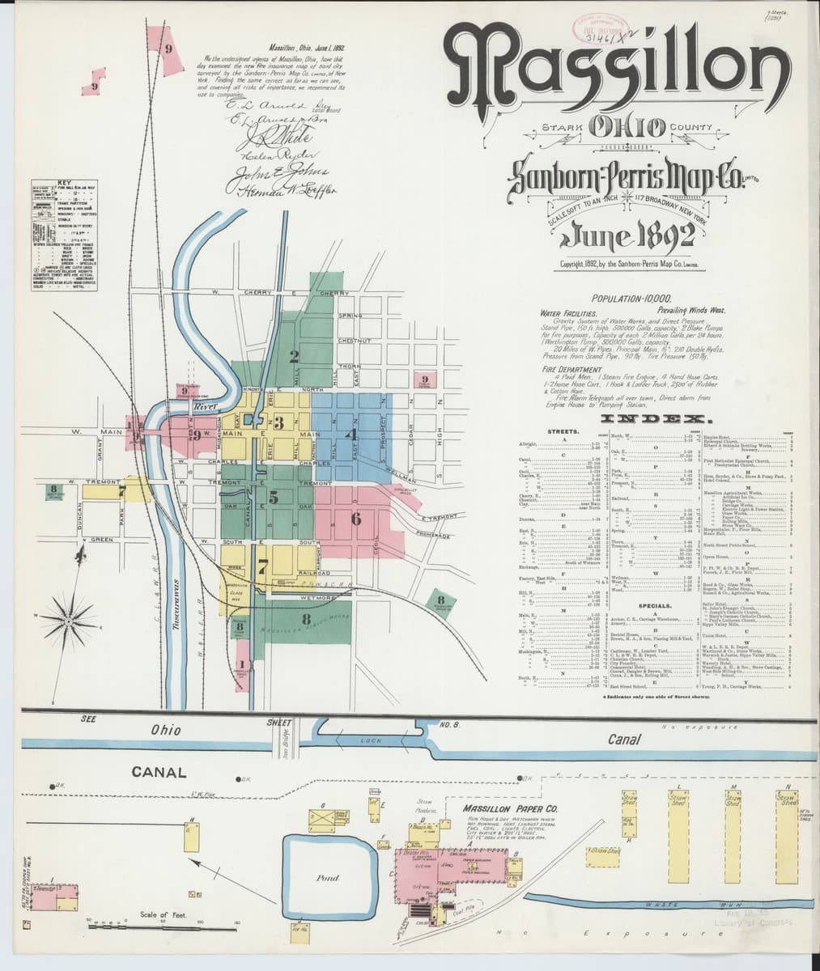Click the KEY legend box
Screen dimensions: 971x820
[66, 235]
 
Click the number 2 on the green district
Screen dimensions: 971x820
[295, 356]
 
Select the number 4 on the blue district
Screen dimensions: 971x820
[352, 433]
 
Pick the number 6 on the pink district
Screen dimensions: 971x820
[356, 518]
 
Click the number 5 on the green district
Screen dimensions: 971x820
[274, 497]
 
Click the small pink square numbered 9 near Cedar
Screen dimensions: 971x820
[424, 379]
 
